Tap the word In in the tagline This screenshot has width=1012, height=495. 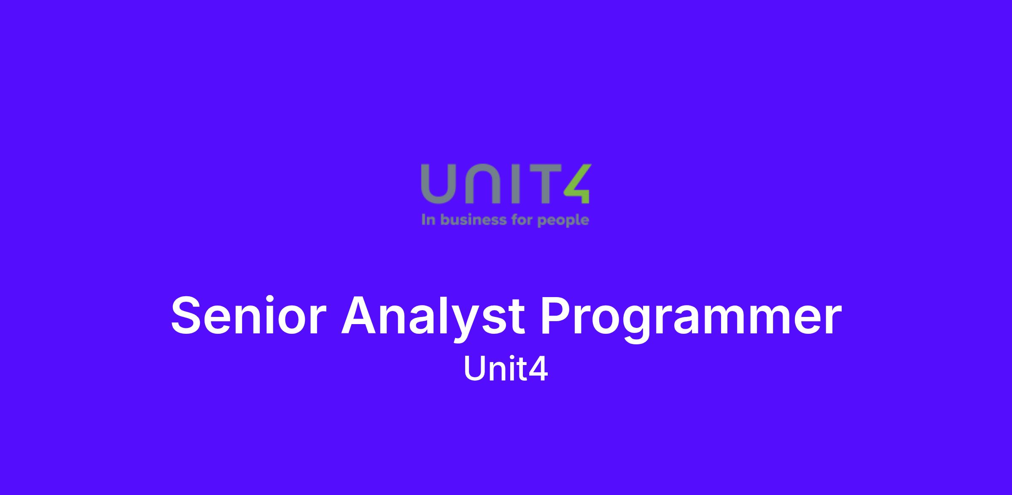tap(428, 220)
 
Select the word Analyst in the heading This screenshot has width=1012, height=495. tap(433, 319)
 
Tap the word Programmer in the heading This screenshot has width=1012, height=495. tap(691, 319)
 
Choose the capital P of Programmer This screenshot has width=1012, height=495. tap(556, 316)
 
